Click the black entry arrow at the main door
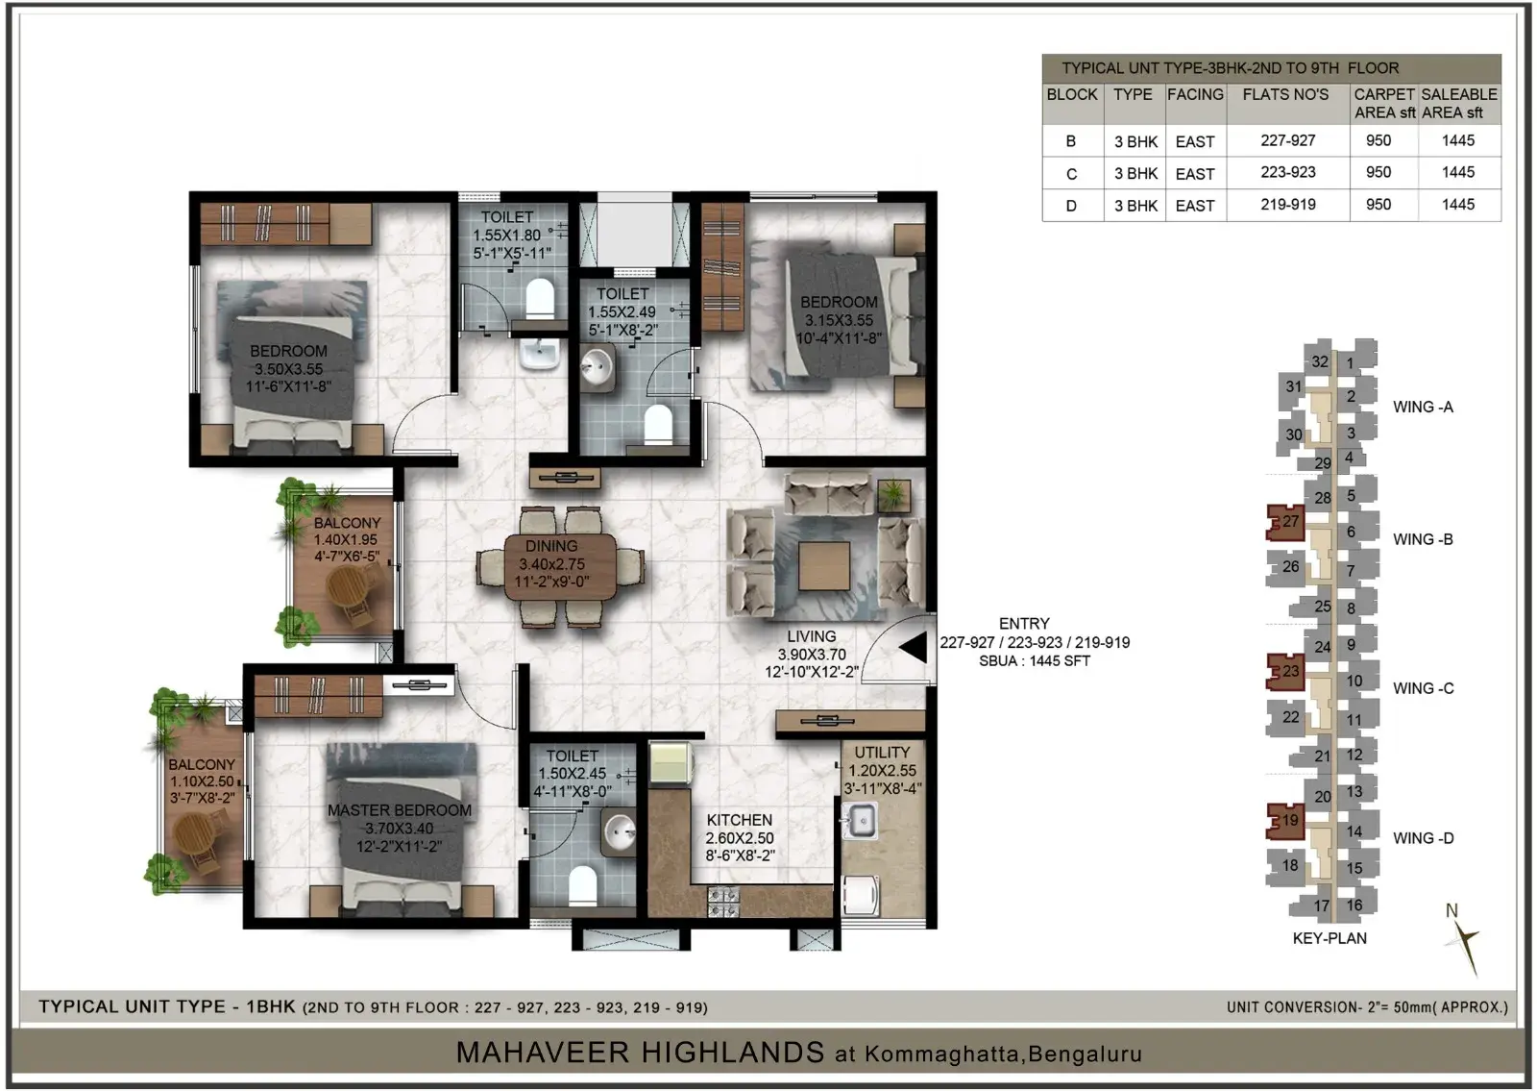click(914, 648)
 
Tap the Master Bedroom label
click(399, 810)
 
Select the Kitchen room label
click(739, 820)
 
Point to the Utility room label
click(882, 753)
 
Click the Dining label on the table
click(551, 547)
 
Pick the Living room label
click(811, 636)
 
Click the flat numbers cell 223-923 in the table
click(1287, 172)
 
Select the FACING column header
click(1195, 95)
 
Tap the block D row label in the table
click(1070, 206)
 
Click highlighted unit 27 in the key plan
click(1285, 523)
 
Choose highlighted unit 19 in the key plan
click(1285, 821)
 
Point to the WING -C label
click(1423, 688)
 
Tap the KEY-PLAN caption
click(1330, 938)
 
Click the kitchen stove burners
click(723, 903)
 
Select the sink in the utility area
click(859, 821)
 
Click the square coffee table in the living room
click(824, 566)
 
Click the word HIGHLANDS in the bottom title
click(733, 1053)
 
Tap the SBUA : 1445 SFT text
click(1034, 661)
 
